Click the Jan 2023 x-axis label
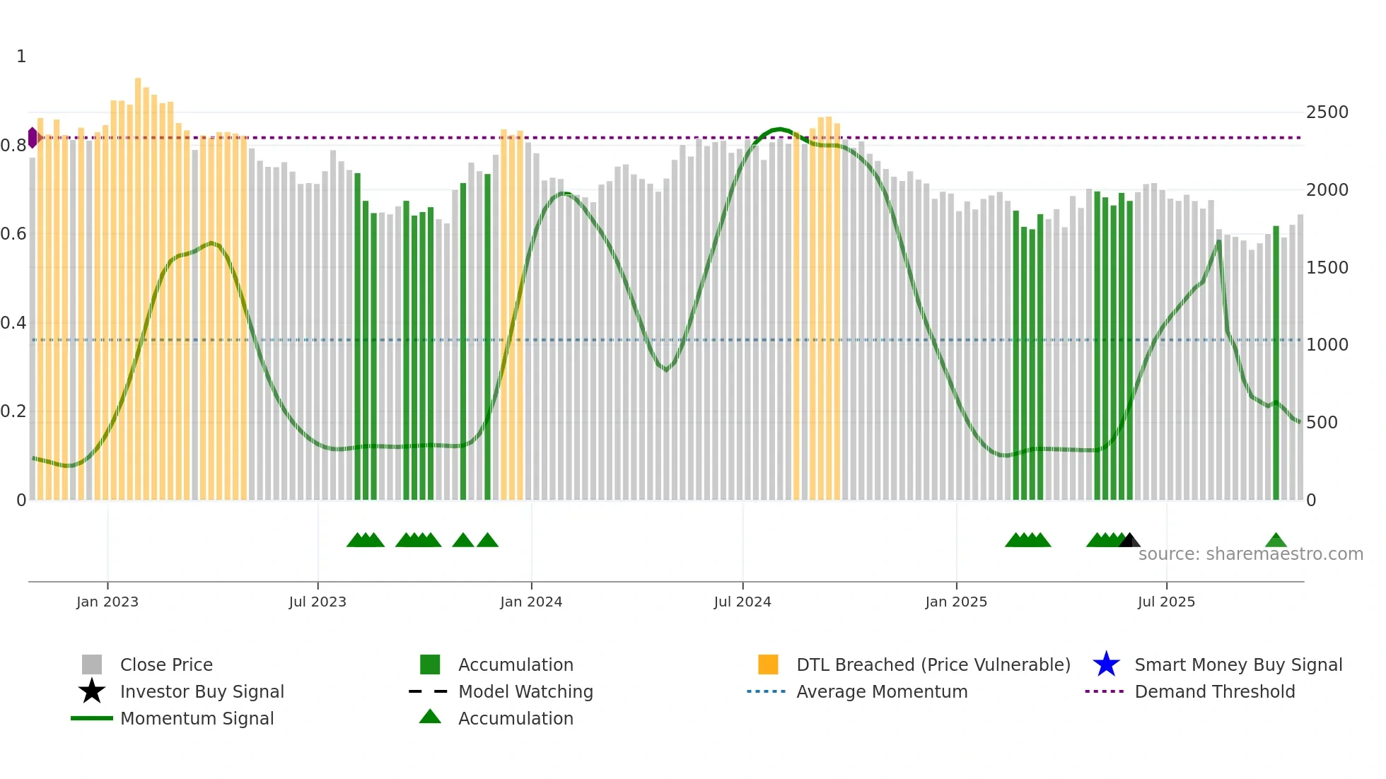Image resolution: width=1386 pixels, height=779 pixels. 107,602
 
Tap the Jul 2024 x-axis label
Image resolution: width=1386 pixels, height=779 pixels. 742,602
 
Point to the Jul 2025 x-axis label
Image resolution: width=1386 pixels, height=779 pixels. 1165,602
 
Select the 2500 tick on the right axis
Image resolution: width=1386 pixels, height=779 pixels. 1327,112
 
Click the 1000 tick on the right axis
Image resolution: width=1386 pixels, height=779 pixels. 1327,345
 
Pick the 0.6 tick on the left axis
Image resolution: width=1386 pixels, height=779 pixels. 13,234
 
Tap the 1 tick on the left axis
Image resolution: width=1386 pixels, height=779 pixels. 21,57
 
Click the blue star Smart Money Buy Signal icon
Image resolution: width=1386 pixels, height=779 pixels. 1106,664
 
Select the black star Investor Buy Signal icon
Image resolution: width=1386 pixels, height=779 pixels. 92,691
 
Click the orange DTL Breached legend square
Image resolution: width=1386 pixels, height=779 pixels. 768,664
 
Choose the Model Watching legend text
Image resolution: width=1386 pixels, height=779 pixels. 525,691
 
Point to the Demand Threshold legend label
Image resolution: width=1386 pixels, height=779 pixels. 1214,691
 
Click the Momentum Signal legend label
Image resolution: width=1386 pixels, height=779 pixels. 197,718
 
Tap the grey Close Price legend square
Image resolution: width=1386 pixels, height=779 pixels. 92,664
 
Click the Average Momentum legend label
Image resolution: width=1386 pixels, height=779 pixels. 882,691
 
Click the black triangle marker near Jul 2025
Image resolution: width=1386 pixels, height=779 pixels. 1129,541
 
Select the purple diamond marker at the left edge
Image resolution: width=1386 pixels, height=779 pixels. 33,138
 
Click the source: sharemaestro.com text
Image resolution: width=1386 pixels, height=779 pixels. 1250,554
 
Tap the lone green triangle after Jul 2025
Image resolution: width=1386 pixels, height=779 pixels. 1276,541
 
